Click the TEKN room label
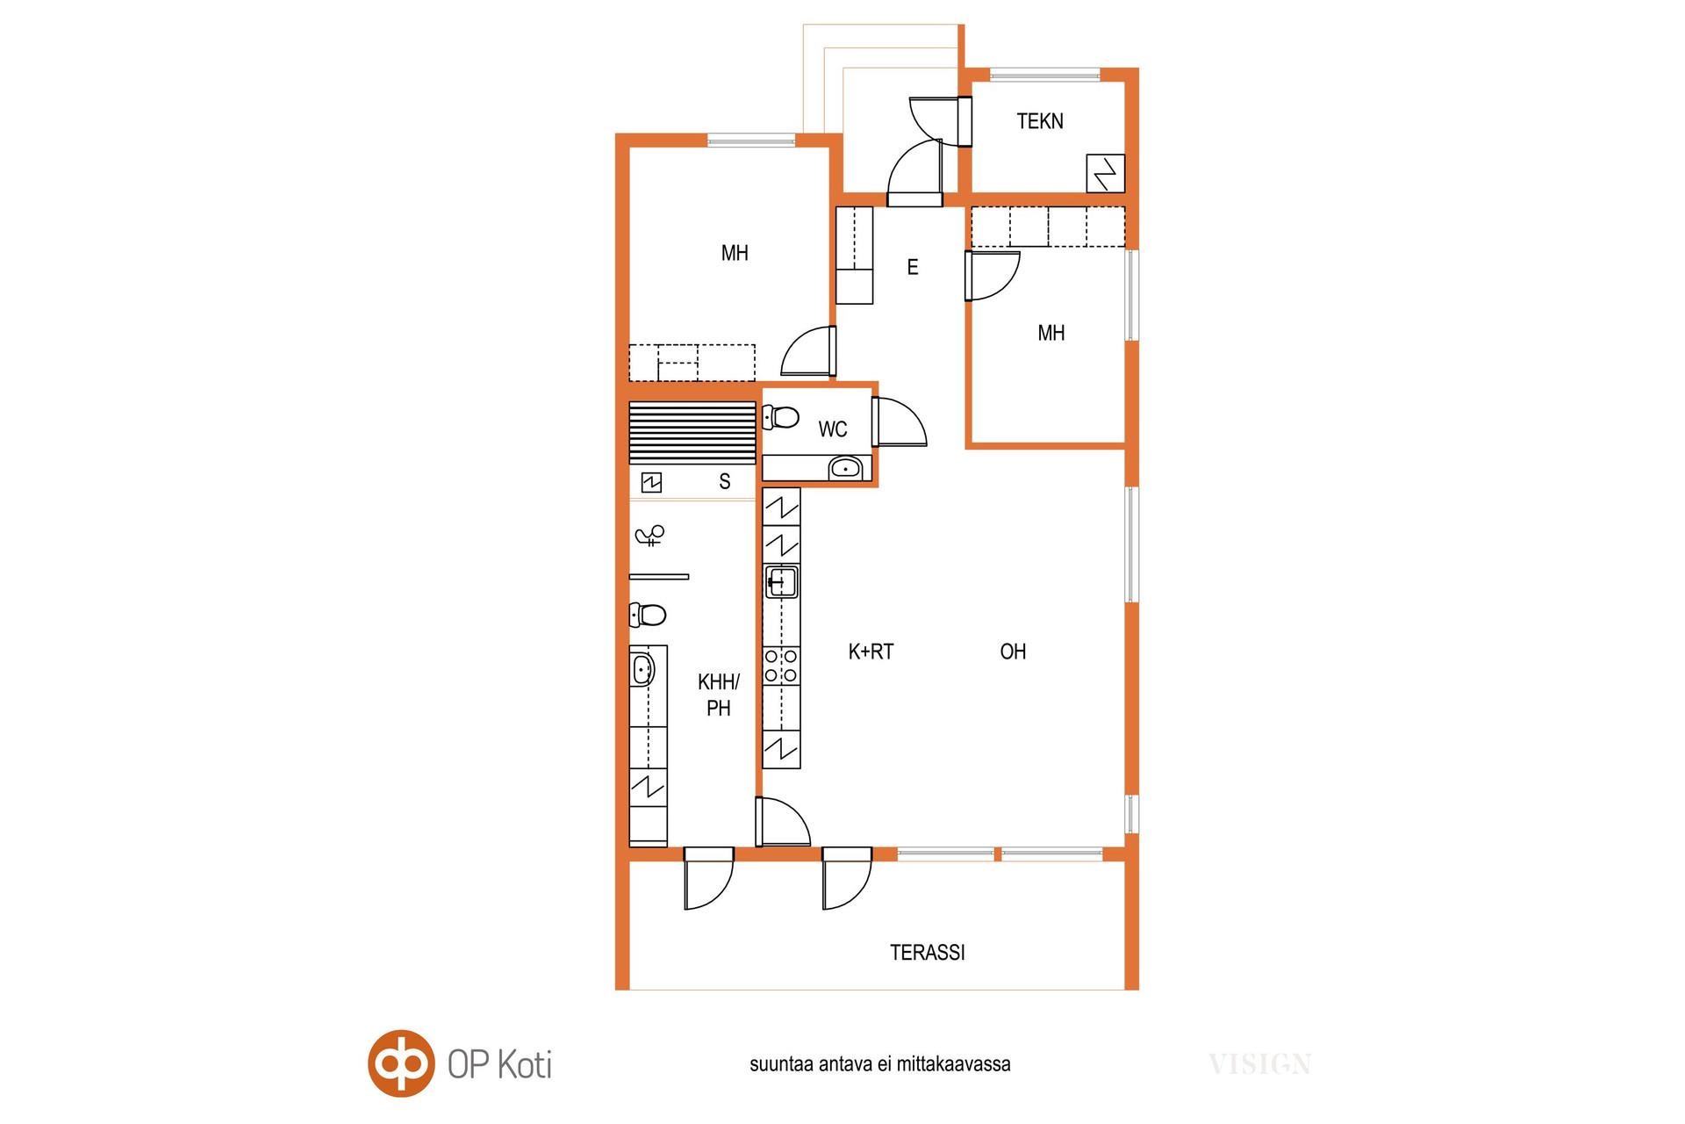(1040, 121)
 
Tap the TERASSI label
(928, 953)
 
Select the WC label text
(833, 429)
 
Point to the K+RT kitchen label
(871, 652)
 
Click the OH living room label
(1013, 652)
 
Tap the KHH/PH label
(719, 695)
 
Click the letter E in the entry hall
(913, 267)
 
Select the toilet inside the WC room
(780, 416)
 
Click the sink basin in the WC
(845, 468)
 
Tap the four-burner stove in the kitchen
(781, 665)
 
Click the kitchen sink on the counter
(781, 582)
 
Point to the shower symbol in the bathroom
(650, 535)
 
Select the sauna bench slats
(692, 433)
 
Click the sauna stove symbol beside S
(651, 482)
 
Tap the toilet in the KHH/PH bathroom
(648, 615)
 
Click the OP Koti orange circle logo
(401, 1063)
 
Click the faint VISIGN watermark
(1259, 1065)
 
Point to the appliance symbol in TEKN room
(1106, 173)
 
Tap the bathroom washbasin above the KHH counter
(642, 670)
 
